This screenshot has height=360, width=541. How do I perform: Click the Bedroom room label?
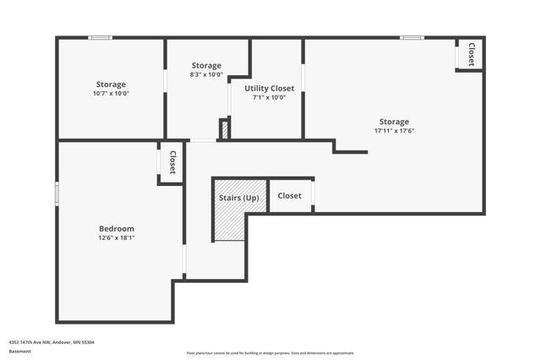(x=117, y=228)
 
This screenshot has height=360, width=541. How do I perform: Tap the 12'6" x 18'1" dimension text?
(x=117, y=238)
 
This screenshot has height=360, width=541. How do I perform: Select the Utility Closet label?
(x=270, y=88)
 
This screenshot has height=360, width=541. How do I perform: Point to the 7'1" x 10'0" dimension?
(x=270, y=97)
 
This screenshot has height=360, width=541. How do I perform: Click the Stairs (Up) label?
(x=239, y=198)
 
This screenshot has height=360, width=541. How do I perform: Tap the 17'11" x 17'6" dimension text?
(x=394, y=131)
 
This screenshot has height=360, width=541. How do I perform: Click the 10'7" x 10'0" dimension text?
(x=111, y=94)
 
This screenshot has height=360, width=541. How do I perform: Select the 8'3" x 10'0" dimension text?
(x=206, y=74)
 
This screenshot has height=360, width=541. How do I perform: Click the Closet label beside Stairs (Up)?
(x=290, y=196)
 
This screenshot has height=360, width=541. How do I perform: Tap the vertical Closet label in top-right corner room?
(x=471, y=54)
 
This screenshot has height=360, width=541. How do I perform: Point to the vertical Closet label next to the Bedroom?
(x=172, y=162)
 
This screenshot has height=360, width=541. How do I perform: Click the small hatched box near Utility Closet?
(x=224, y=130)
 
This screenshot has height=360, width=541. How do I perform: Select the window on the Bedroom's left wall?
(x=57, y=193)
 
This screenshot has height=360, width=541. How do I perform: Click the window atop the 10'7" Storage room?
(x=101, y=37)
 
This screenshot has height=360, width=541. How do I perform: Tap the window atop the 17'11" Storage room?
(x=412, y=37)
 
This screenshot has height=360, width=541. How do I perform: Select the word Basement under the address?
(x=19, y=351)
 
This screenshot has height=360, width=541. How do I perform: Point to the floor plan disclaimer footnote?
(x=270, y=353)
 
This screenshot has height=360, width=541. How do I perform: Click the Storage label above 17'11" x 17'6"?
(x=394, y=122)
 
